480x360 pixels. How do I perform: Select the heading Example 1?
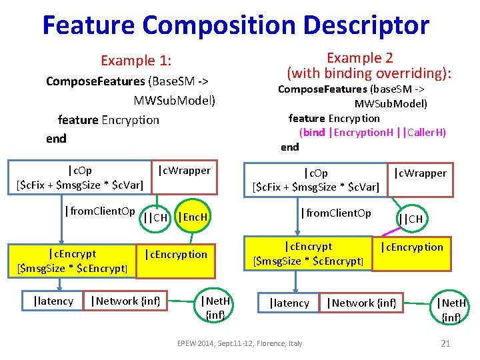(136, 61)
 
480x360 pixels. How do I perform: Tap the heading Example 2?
(359, 57)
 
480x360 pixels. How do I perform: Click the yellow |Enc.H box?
(193, 217)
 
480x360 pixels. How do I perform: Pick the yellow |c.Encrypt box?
(72, 261)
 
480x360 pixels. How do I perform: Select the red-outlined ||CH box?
(410, 219)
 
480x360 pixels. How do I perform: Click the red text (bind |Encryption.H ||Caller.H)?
(373, 132)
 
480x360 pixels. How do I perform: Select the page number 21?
(446, 343)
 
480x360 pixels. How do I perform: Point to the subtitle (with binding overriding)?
(369, 73)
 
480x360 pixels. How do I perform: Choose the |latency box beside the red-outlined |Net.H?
(289, 303)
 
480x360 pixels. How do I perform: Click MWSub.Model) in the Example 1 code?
(175, 101)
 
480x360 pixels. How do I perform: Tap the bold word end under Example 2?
(290, 147)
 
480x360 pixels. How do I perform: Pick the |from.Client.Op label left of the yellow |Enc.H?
(100, 212)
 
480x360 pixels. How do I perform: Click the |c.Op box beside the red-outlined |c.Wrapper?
(315, 180)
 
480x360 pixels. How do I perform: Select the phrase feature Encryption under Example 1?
(109, 120)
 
